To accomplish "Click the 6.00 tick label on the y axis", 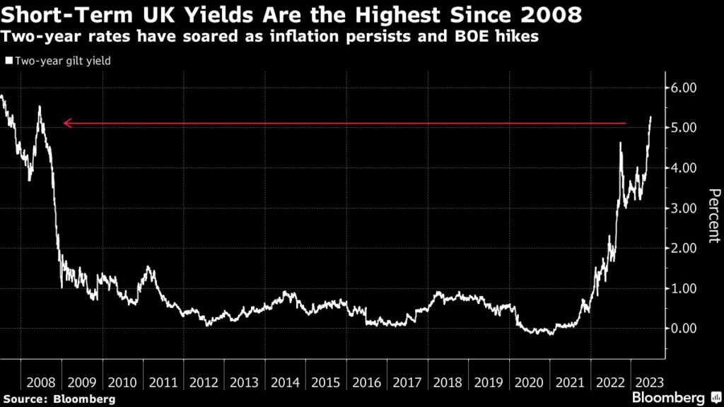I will point(685,88).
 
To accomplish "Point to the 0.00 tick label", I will point(685,329).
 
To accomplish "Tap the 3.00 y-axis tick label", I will point(685,208).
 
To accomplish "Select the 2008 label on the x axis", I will point(41,382).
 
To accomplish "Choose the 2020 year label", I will point(530,382).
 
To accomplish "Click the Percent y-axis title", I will point(714,216).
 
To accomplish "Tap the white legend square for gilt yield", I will point(8,61).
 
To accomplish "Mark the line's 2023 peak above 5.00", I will point(650,117).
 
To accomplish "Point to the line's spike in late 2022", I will point(620,143).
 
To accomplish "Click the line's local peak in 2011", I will point(148,266).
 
